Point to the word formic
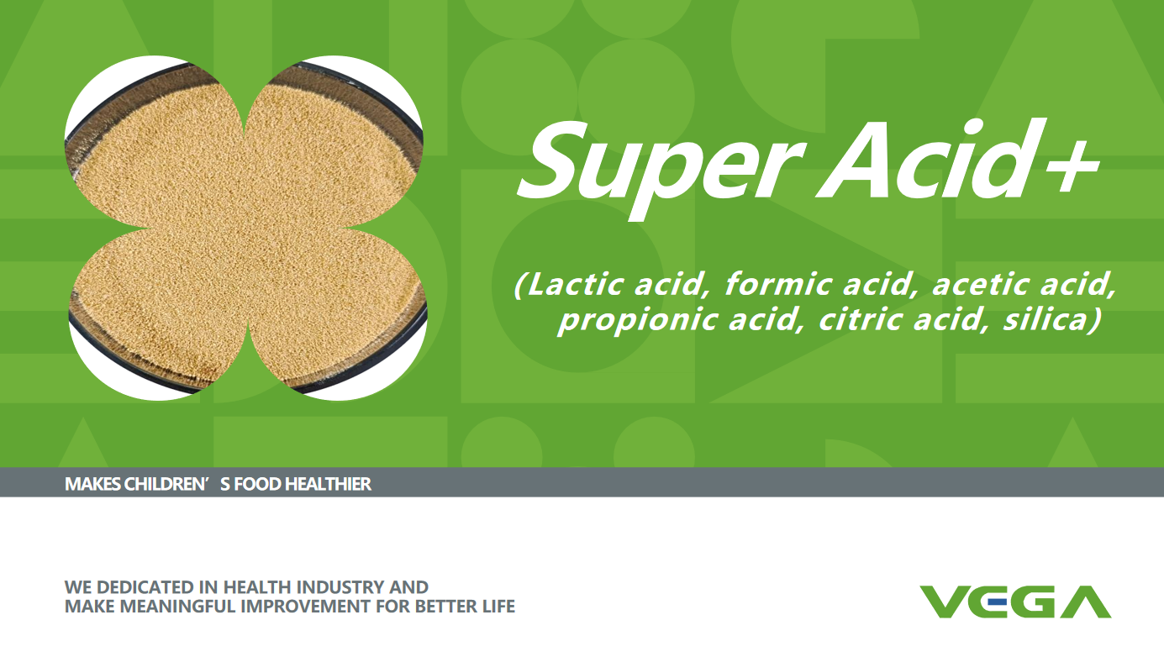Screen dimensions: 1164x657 point(779,284)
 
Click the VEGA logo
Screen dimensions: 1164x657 point(1015,602)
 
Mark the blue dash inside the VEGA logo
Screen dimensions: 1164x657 point(998,602)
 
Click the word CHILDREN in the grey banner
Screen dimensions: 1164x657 point(166,484)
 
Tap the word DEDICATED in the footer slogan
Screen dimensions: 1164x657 point(145,587)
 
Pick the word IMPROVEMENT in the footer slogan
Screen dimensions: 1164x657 point(306,606)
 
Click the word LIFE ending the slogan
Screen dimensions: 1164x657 point(498,606)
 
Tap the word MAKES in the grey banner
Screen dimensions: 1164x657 point(92,484)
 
